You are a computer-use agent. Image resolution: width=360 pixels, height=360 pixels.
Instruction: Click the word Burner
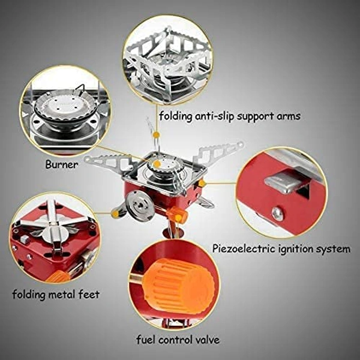[62, 164]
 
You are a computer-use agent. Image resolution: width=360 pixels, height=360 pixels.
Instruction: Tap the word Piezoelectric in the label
[244, 248]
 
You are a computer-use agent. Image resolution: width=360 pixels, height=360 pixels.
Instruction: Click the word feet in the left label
[89, 294]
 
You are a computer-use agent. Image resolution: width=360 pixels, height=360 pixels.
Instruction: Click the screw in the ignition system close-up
[278, 214]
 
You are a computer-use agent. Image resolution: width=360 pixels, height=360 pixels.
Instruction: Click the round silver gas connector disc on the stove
[140, 204]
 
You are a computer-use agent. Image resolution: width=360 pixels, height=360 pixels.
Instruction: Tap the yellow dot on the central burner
[157, 164]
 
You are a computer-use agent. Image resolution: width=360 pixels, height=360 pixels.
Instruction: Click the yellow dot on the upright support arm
[156, 134]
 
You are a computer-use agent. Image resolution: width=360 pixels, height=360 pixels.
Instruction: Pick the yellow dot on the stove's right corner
[201, 183]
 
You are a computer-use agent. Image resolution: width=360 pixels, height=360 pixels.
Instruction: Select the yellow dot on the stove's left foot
[115, 214]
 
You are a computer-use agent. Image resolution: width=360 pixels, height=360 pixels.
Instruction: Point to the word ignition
[295, 249]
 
